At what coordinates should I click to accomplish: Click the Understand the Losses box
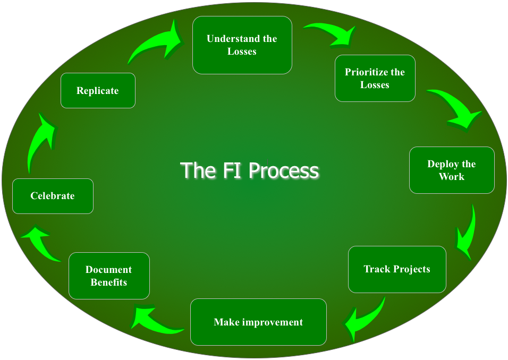242,45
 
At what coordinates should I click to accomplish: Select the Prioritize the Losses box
375,78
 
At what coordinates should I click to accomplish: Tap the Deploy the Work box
452,170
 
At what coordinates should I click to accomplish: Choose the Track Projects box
397,269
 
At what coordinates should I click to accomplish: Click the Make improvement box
258,322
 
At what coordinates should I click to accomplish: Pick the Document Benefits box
109,276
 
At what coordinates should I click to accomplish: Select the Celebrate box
53,196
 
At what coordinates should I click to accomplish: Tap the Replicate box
98,91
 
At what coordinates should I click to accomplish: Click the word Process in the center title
284,171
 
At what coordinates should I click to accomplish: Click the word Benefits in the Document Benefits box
109,282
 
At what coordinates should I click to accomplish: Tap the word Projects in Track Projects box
410,269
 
